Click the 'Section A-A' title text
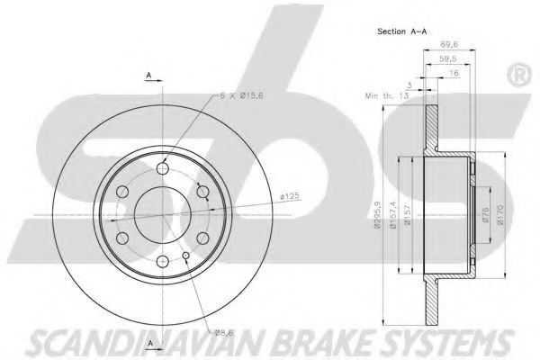(x=402, y=31)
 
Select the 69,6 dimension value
(x=449, y=44)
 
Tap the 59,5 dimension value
(x=448, y=58)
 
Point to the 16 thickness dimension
(x=454, y=73)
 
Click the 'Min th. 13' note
(x=387, y=95)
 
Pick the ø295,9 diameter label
(x=377, y=215)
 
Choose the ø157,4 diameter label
(x=393, y=215)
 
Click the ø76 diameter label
(x=486, y=214)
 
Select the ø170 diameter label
(x=500, y=214)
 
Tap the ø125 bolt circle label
(x=290, y=196)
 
